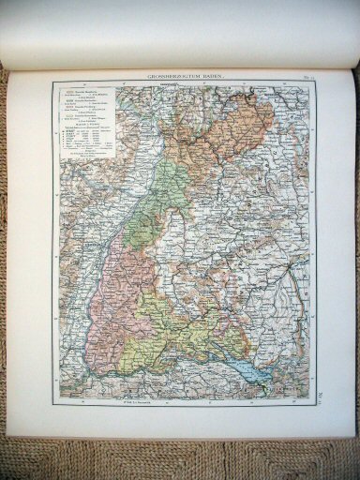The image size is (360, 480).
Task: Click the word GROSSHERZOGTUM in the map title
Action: point(168,75)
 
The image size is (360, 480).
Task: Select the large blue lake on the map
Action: point(252,366)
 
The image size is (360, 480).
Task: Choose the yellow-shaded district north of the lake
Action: point(197,323)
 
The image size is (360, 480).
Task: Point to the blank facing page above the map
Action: point(178,33)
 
